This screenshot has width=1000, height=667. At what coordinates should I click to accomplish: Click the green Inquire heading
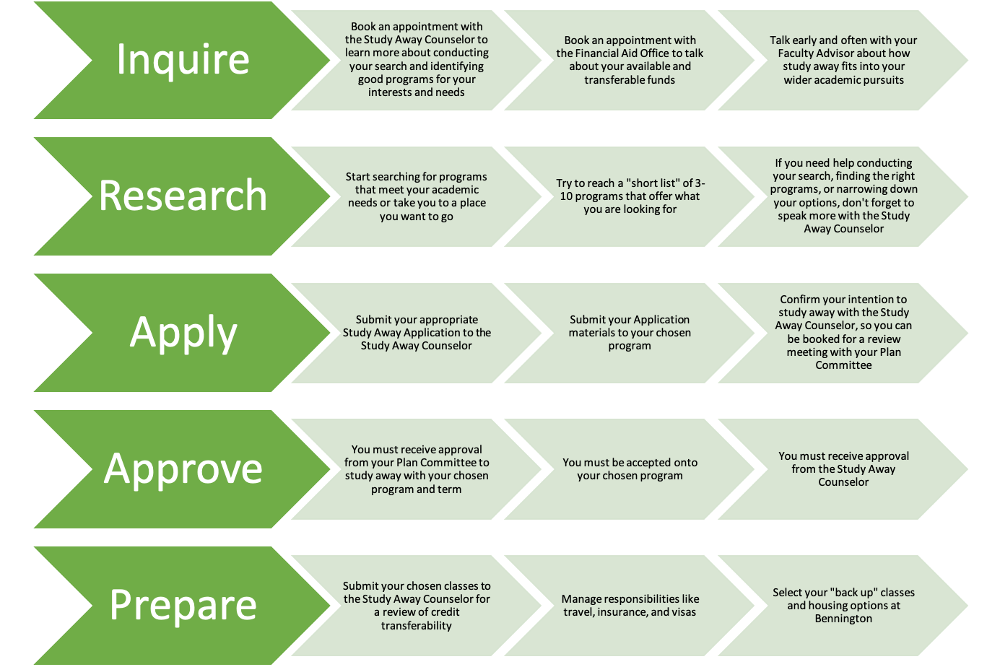pyautogui.click(x=183, y=60)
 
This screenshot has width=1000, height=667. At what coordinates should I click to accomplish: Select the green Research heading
pyautogui.click(x=183, y=196)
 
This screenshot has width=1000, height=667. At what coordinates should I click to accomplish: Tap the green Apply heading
pyautogui.click(x=183, y=333)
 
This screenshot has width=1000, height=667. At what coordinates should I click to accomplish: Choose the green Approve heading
pyautogui.click(x=183, y=468)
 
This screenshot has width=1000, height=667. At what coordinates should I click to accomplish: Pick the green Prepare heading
pyautogui.click(x=183, y=605)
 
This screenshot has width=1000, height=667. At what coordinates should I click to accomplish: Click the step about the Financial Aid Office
pyautogui.click(x=630, y=60)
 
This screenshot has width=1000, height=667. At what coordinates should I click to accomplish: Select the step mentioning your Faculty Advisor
pyautogui.click(x=843, y=60)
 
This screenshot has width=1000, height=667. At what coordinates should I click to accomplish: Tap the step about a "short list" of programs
pyautogui.click(x=630, y=196)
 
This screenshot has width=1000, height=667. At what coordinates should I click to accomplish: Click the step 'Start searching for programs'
pyautogui.click(x=417, y=196)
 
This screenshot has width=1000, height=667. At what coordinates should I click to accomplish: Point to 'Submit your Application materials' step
pyautogui.click(x=630, y=332)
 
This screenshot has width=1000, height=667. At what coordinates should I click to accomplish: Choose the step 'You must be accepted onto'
pyautogui.click(x=630, y=468)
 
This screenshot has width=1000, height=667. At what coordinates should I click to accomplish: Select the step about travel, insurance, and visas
pyautogui.click(x=630, y=605)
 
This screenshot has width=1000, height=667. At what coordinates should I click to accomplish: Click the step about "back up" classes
pyautogui.click(x=843, y=605)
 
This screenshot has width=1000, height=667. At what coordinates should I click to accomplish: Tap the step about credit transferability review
pyautogui.click(x=417, y=605)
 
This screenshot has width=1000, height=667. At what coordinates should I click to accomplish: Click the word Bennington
pyautogui.click(x=843, y=619)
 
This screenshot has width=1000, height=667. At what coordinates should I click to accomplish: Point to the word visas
pyautogui.click(x=683, y=612)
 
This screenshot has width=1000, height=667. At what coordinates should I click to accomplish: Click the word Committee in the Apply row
pyautogui.click(x=843, y=365)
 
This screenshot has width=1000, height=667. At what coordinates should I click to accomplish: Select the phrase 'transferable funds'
pyautogui.click(x=630, y=80)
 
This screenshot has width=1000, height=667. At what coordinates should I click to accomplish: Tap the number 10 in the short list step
pyautogui.click(x=566, y=196)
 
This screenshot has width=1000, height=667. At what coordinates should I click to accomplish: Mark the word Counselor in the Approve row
pyautogui.click(x=843, y=482)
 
